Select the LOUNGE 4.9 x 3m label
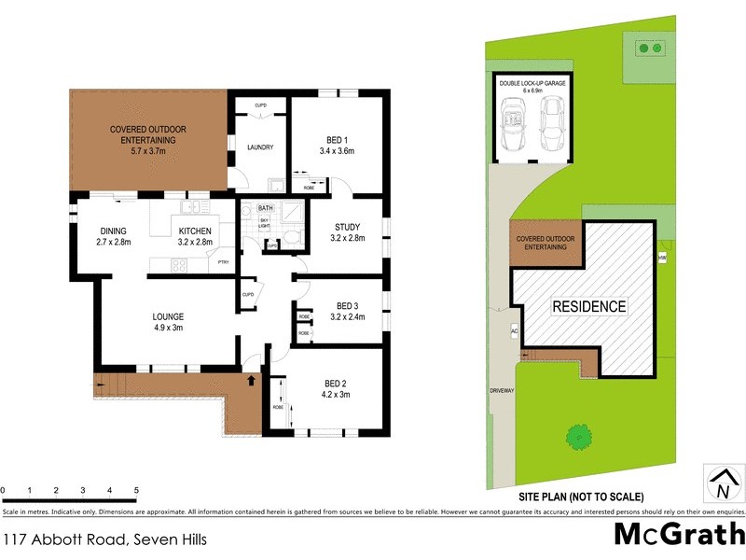169,321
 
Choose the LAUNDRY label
259,147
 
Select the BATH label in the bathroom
265,208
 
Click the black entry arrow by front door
249,381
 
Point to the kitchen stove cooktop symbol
179,264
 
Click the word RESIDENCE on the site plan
589,306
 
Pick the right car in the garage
549,124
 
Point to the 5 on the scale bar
136,489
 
